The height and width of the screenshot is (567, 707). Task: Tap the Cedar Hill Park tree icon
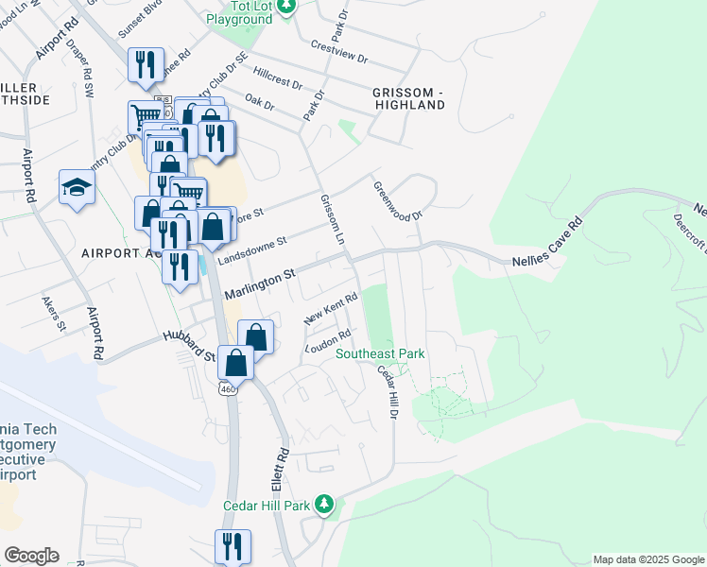tap(325, 504)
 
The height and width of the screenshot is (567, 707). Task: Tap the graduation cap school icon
tap(77, 186)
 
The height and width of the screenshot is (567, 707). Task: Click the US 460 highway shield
tap(227, 388)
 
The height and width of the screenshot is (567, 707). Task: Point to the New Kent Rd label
tap(330, 309)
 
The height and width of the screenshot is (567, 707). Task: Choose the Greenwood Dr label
tap(397, 201)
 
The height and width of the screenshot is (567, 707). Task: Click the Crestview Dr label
tap(338, 51)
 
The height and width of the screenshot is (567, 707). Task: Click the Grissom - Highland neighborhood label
tap(408, 98)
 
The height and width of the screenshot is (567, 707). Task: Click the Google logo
tap(31, 556)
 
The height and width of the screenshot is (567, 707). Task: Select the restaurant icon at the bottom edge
tap(232, 546)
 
